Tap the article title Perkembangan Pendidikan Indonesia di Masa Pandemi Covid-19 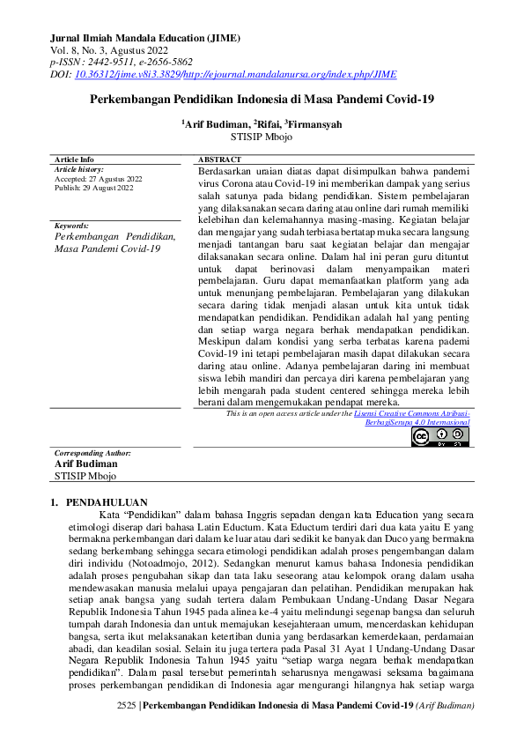pos(262,100)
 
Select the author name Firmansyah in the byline pos(316,125)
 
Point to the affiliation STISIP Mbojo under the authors pos(262,138)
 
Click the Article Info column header pos(74,160)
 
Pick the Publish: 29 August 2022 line pos(93,187)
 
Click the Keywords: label pos(71,226)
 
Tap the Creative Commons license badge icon pos(439,436)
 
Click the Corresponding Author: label pos(92,453)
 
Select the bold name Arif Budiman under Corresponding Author pos(85,464)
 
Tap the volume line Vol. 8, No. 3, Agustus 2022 pos(112,51)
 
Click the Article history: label pos(79,168)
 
